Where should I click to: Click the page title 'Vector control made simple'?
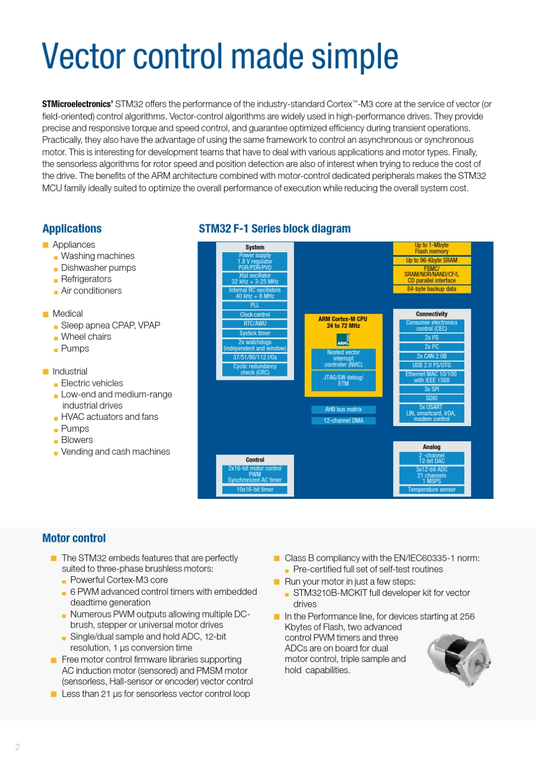pos(220,56)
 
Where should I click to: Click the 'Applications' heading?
pos(72,229)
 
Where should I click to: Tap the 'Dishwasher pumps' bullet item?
pos(98,268)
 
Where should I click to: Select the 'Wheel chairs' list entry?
pos(86,336)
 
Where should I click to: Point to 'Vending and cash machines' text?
pos(115,451)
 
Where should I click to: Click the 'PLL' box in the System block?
pos(254,305)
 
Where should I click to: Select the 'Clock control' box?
pos(254,314)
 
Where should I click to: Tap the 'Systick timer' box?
pos(254,333)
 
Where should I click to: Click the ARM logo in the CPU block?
pos(343,340)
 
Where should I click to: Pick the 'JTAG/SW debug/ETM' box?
pos(343,380)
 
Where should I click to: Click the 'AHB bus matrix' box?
pos(343,410)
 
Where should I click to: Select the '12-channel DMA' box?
pos(343,420)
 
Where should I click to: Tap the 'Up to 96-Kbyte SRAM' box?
pos(432,261)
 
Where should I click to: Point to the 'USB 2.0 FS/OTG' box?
pos(432,365)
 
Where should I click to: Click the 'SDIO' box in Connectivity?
pos(432,398)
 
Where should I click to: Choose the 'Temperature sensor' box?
pos(432,490)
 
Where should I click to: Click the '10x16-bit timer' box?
pos(254,490)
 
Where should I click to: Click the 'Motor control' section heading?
pos(74,538)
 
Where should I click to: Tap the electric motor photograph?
pos(458,660)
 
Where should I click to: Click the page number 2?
pos(17,747)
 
